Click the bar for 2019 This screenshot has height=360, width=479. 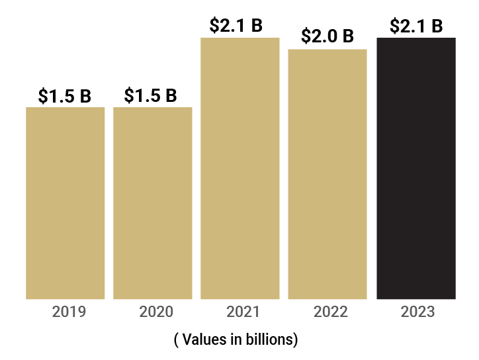[x=65, y=202]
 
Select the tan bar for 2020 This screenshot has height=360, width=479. [x=153, y=202]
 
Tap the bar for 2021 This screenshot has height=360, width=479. [x=239, y=168]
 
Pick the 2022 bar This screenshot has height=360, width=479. [x=327, y=174]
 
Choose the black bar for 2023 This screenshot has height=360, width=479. [x=416, y=168]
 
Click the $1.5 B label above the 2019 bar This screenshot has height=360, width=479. [x=65, y=96]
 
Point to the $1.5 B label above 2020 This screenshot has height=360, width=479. [x=151, y=95]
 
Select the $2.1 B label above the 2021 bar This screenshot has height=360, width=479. [x=236, y=26]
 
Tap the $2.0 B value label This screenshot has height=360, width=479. [x=327, y=36]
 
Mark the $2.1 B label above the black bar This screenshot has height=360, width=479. [x=416, y=26]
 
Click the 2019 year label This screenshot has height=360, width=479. [x=69, y=312]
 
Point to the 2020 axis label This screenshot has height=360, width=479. [x=156, y=312]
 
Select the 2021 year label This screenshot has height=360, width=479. [x=243, y=312]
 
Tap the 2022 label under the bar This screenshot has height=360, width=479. [x=331, y=312]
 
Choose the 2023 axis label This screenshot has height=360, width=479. [x=417, y=312]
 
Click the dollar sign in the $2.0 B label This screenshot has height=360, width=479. [x=306, y=36]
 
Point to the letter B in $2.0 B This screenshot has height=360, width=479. [x=347, y=36]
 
